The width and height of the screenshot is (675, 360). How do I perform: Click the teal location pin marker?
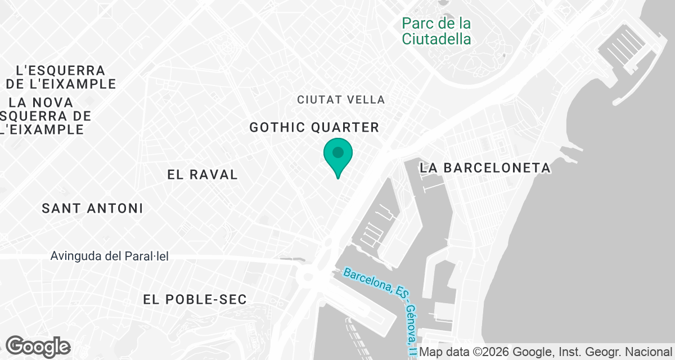[337, 155]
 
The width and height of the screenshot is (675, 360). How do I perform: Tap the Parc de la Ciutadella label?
[436, 31]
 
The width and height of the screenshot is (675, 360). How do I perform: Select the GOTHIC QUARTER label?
[314, 128]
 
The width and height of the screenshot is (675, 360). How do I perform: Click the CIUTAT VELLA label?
[341, 100]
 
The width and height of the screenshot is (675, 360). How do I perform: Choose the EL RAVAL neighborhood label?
[202, 175]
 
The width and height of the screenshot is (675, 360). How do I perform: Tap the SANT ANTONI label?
[92, 209]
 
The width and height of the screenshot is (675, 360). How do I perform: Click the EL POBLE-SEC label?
[195, 299]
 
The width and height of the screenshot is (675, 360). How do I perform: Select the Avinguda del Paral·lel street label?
[109, 256]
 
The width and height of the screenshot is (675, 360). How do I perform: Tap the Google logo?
[38, 346]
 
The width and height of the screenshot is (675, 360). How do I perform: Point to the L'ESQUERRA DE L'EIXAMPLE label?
[61, 78]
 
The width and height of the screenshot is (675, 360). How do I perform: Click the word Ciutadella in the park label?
[436, 39]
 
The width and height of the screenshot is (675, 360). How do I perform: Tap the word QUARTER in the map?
[348, 128]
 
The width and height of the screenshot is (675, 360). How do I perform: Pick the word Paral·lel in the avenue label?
[147, 256]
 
